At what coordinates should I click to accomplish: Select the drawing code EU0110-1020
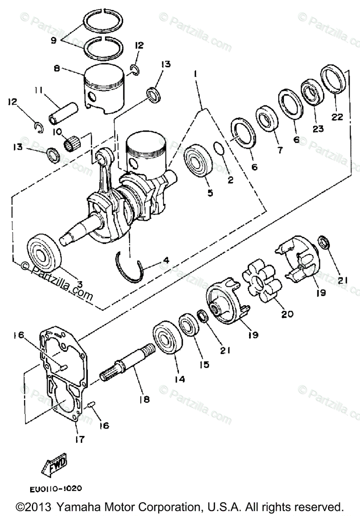[x=56, y=488]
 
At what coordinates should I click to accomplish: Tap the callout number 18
[x=145, y=399]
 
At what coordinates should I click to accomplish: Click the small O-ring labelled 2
[x=218, y=149]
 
